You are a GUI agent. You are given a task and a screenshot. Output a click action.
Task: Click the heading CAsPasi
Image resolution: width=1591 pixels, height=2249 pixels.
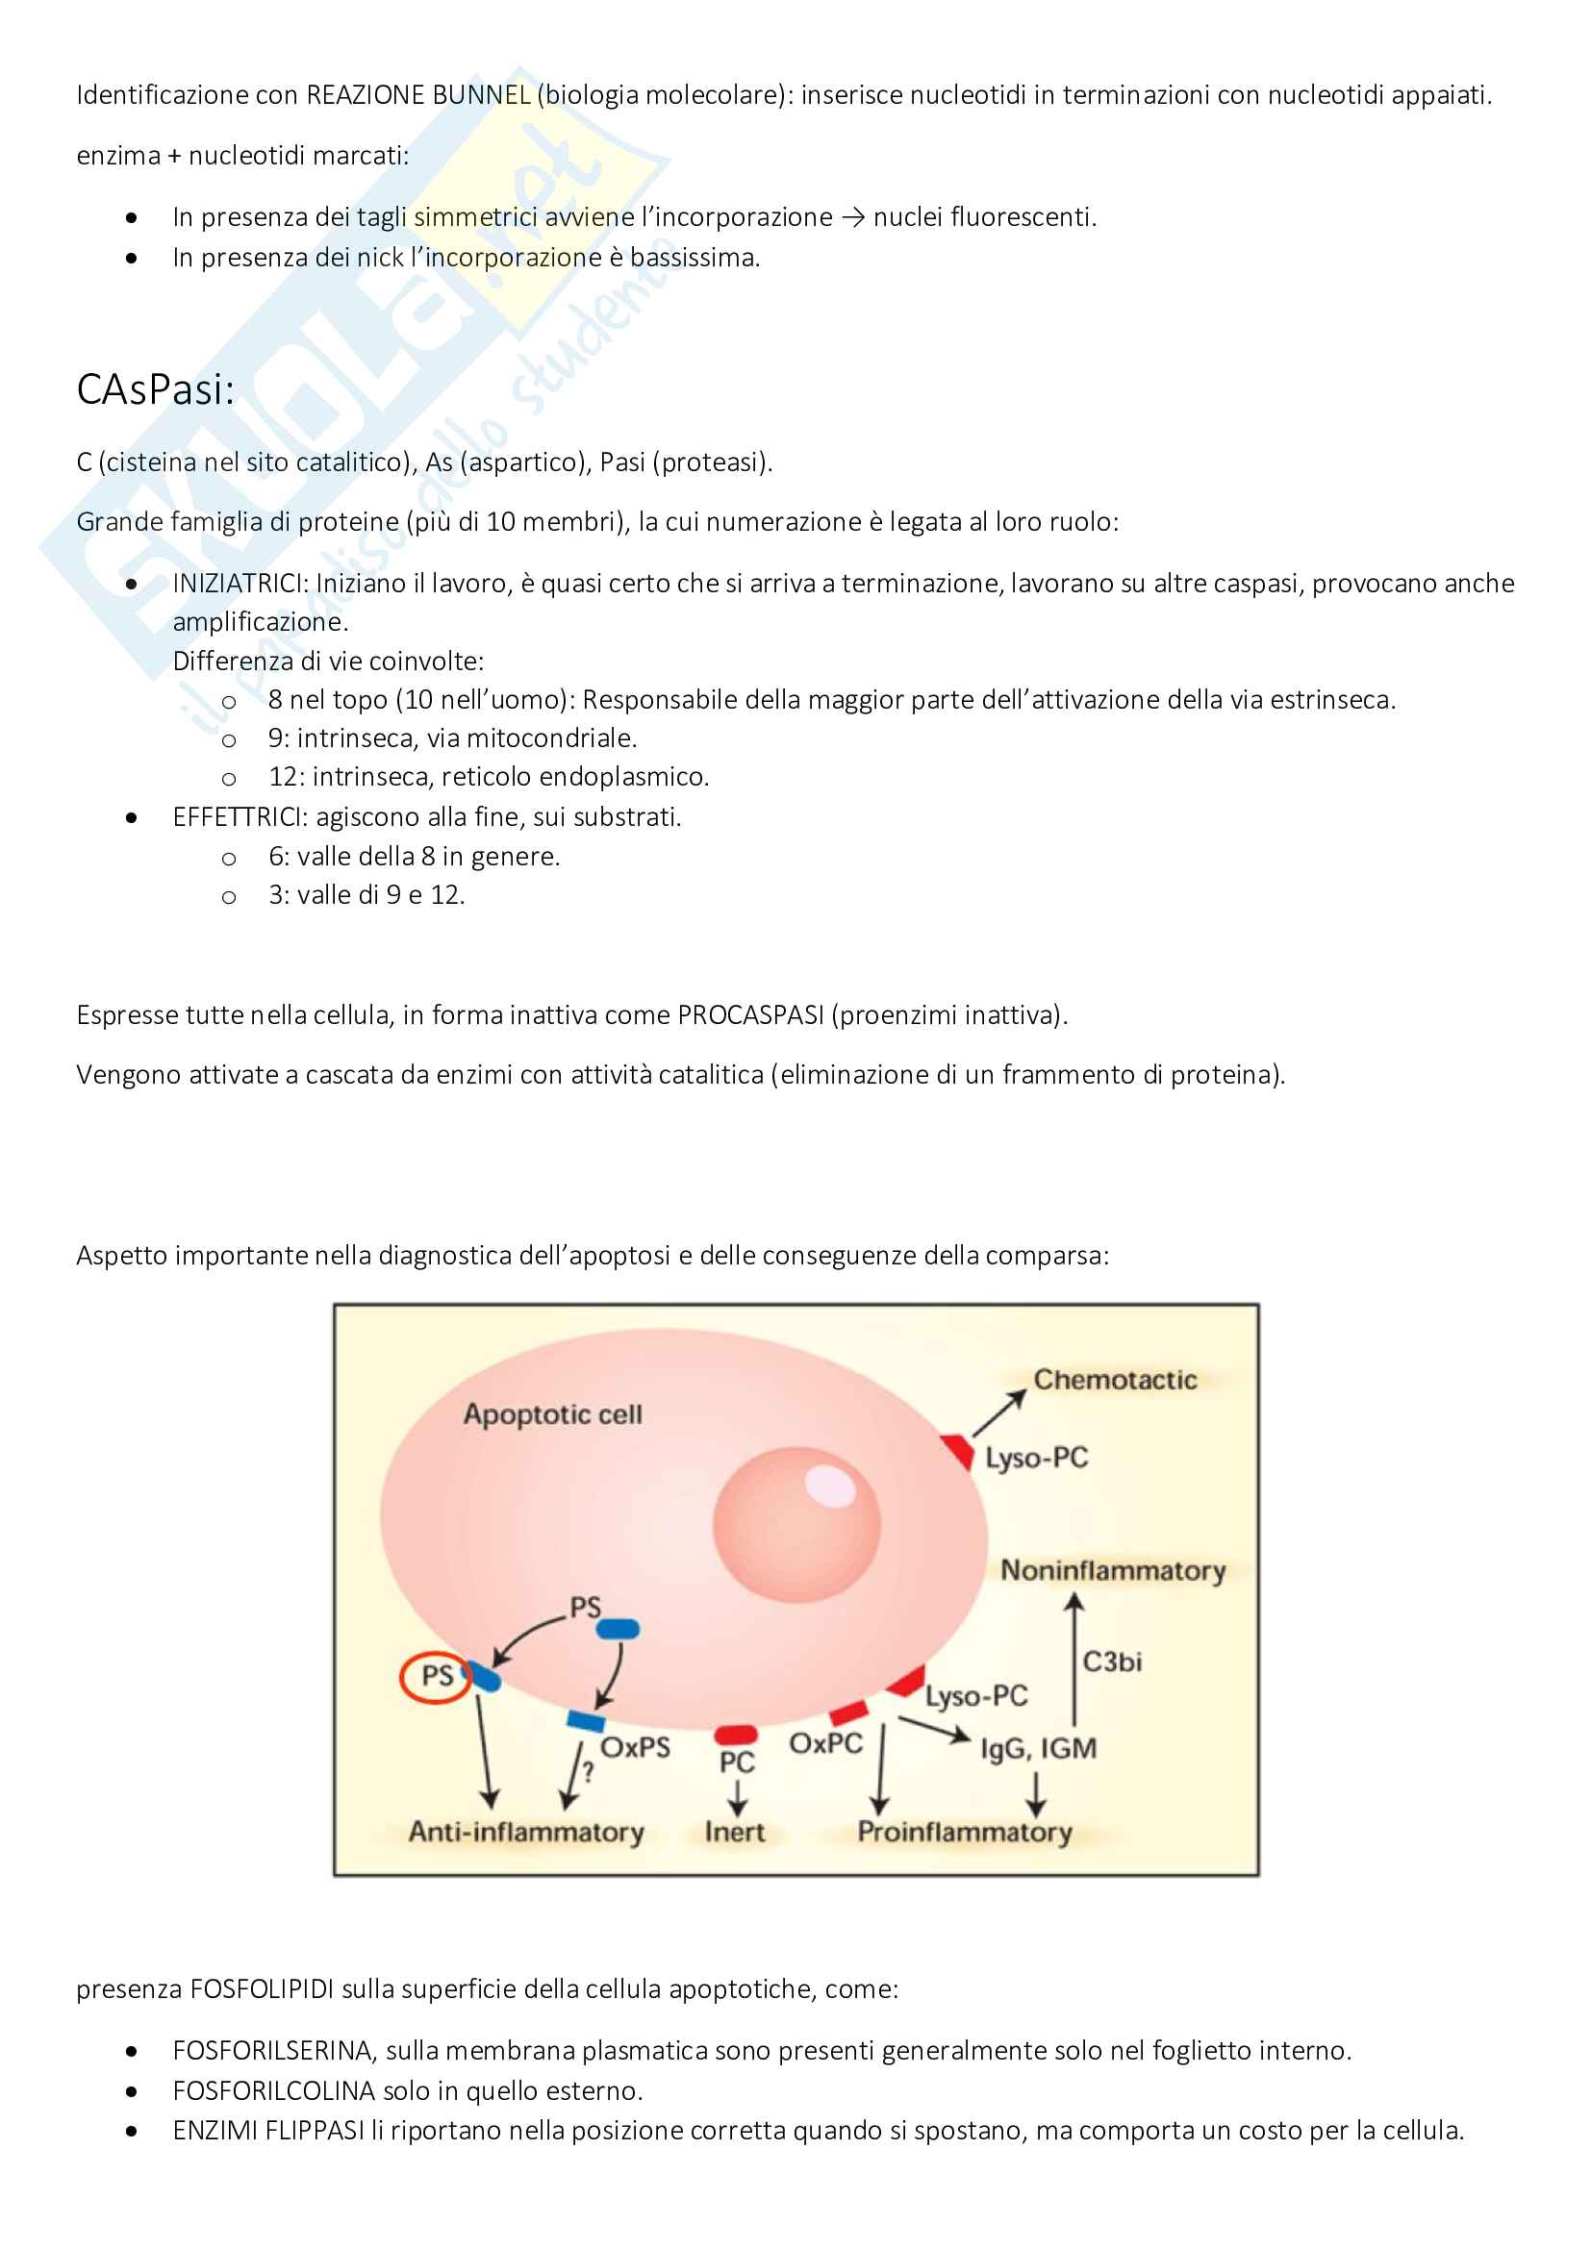(x=155, y=389)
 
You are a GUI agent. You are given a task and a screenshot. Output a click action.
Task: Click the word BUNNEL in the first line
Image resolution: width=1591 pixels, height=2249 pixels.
(x=481, y=95)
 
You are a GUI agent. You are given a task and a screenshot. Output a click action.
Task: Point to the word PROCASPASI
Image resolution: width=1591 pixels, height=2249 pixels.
(x=750, y=1014)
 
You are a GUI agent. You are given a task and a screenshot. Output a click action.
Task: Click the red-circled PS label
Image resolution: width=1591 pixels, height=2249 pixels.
(x=436, y=1676)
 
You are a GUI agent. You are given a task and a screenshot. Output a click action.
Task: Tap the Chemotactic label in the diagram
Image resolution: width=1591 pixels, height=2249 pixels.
(x=1115, y=1379)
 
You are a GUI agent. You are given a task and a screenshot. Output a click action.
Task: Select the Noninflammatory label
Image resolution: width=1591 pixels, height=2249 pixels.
(x=1112, y=1570)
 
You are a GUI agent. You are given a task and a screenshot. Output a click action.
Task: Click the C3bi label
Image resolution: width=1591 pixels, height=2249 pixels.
(x=1112, y=1662)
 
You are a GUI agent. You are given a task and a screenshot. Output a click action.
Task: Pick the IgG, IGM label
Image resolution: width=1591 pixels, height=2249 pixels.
(x=1039, y=1748)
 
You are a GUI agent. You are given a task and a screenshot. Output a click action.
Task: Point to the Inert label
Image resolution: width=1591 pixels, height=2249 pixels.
(x=735, y=1832)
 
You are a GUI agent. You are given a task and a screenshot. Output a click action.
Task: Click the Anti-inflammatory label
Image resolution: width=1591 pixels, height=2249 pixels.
(x=526, y=1832)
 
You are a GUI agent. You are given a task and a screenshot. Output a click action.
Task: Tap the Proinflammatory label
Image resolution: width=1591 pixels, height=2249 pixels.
(x=965, y=1832)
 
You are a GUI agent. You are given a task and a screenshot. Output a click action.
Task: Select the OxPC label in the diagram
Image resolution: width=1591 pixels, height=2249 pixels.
(x=826, y=1743)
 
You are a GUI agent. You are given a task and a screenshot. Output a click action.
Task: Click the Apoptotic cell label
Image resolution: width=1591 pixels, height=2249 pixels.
(x=552, y=1414)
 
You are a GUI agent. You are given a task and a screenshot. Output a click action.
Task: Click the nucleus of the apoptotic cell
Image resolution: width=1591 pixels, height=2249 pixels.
(x=796, y=1525)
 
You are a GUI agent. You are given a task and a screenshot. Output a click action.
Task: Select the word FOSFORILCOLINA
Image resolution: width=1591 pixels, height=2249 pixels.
(x=273, y=2090)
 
